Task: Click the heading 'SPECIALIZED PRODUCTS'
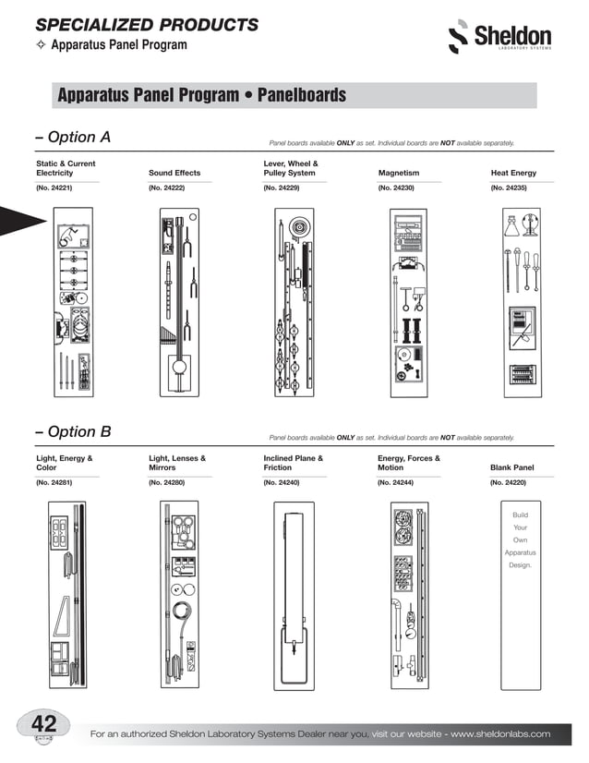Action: tap(147, 24)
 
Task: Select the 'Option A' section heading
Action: tap(73, 138)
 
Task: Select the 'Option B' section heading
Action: tap(73, 431)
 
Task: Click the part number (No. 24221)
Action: tap(54, 188)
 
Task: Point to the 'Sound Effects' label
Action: tap(174, 173)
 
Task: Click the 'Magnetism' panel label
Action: tap(399, 173)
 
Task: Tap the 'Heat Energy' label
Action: tap(513, 173)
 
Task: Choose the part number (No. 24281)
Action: tap(54, 482)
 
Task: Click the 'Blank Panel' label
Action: tap(514, 467)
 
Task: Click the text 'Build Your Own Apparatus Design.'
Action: tap(521, 539)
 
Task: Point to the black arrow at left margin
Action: tap(20, 220)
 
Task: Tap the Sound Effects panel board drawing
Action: tap(179, 305)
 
